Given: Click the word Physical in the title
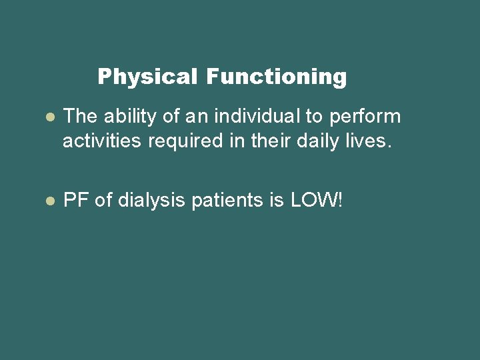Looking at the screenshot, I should coord(147,77).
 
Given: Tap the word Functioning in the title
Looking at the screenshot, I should coord(276,77).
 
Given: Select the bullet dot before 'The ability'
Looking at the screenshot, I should coord(49,117).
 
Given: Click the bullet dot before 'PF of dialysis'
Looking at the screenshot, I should coord(49,201).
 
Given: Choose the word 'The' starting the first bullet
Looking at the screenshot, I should coord(80,117).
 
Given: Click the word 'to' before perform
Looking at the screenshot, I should coord(314,117).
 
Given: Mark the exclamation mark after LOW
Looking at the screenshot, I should coord(340,201).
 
